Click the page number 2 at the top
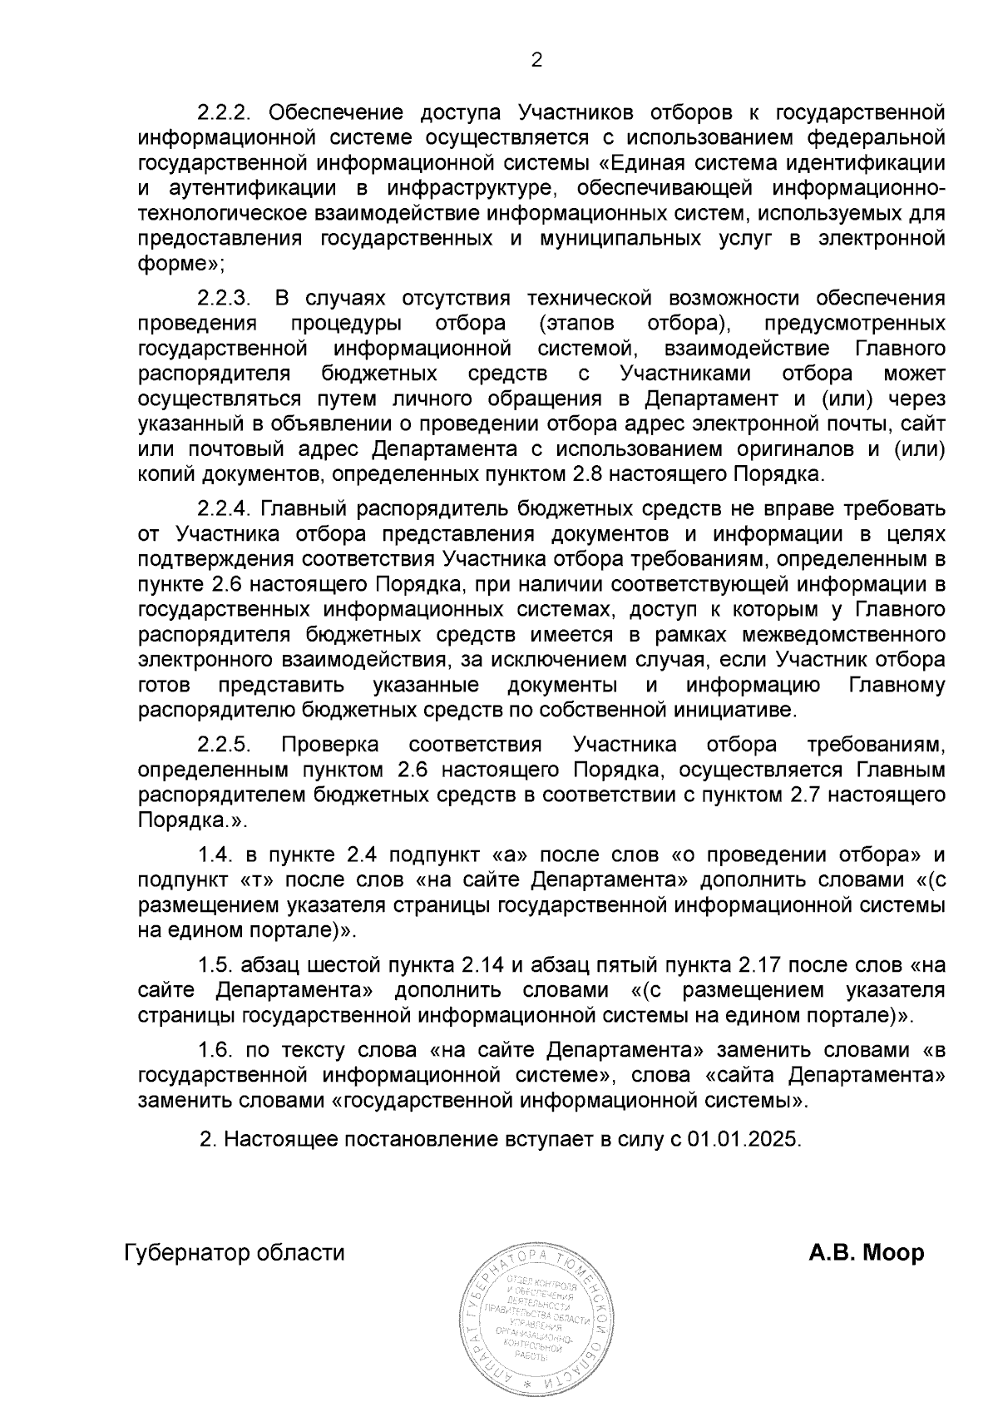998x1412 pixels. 536,61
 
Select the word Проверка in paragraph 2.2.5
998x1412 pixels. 330,744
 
